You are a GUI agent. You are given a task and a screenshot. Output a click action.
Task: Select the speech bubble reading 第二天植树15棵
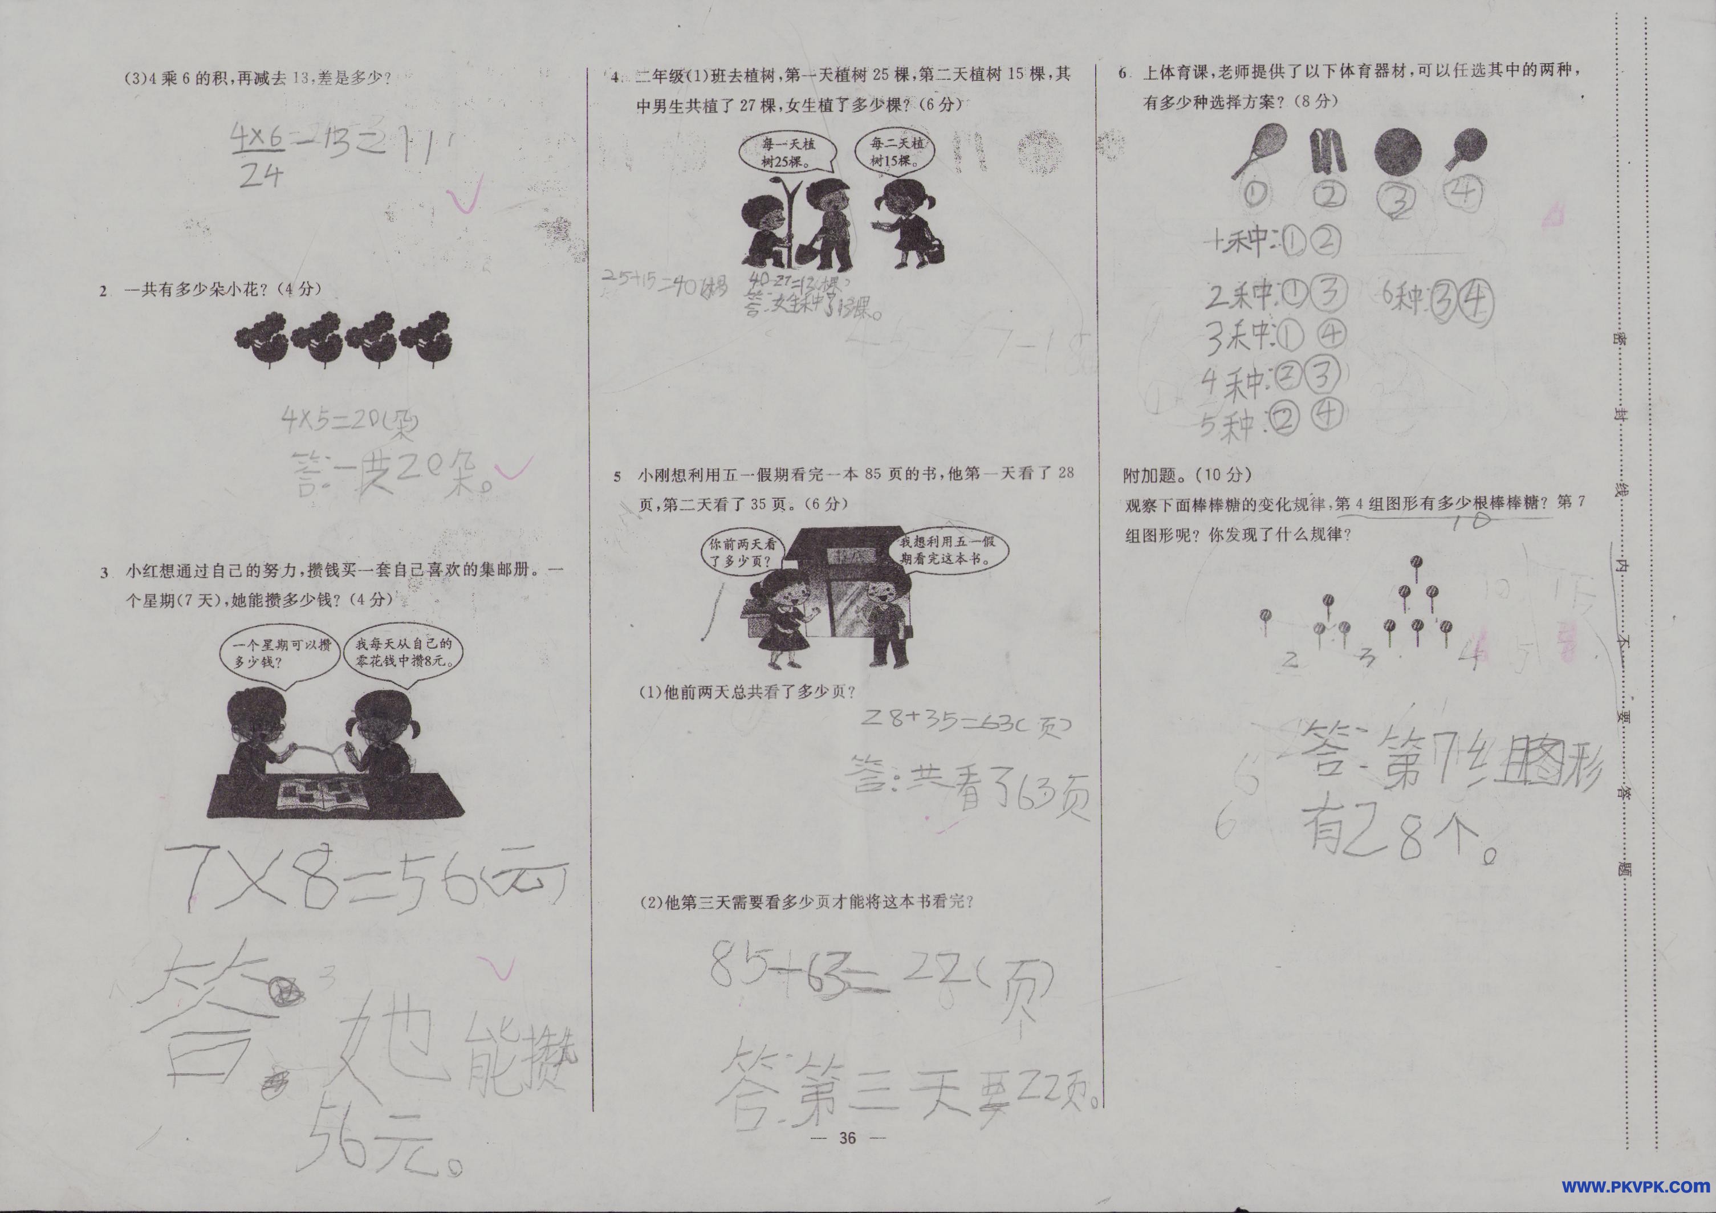[894, 152]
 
